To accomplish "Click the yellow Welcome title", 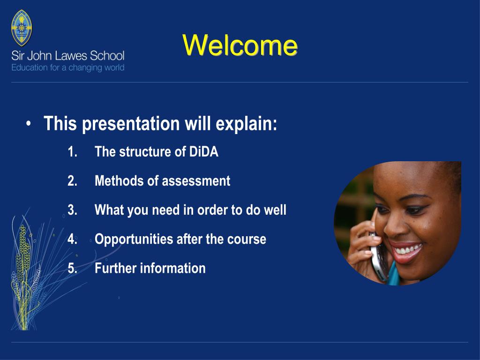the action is pyautogui.click(x=240, y=45).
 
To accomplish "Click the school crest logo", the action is pyautogui.click(x=22, y=28).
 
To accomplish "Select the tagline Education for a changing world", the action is pyautogui.click(x=67, y=67).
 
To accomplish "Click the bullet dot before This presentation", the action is pyautogui.click(x=29, y=124).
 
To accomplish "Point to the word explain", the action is pyautogui.click(x=246, y=124).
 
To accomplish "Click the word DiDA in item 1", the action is pyautogui.click(x=203, y=151).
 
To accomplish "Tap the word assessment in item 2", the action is pyautogui.click(x=196, y=181).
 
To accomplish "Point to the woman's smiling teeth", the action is pyautogui.click(x=407, y=250).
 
